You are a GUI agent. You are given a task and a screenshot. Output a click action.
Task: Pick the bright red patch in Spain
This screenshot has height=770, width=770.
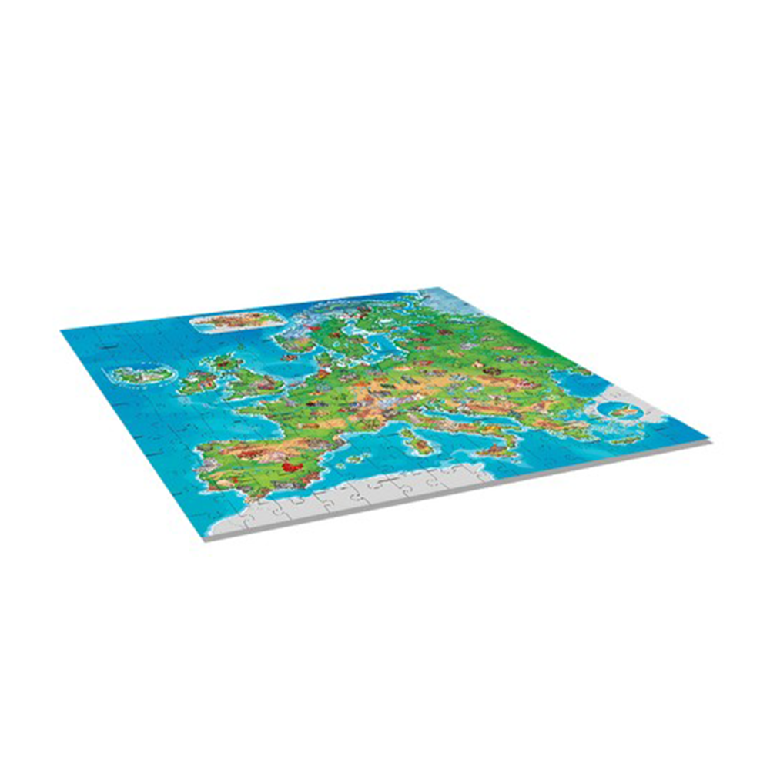tap(290, 467)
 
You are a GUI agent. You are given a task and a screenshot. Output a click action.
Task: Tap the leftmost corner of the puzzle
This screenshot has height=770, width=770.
tap(61, 330)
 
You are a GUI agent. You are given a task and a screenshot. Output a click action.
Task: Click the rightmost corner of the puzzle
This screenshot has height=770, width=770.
tap(709, 442)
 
